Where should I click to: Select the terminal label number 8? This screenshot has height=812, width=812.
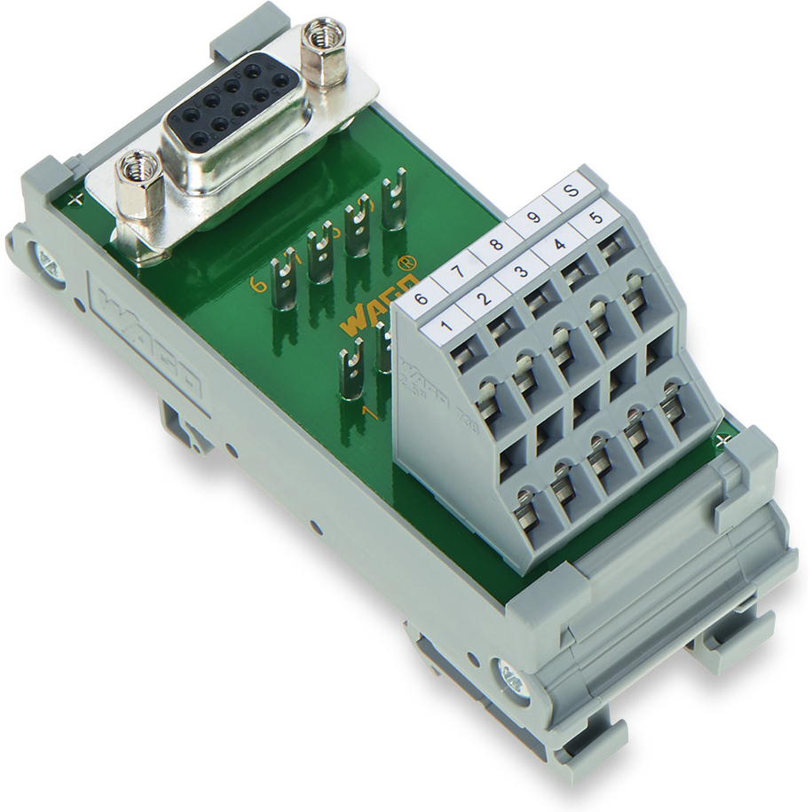pyautogui.click(x=494, y=240)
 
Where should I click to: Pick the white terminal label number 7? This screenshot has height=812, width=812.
pyautogui.click(x=458, y=265)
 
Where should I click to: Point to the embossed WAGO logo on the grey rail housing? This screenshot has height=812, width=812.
pyautogui.click(x=146, y=338)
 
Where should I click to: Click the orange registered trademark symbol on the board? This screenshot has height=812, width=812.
pyautogui.click(x=406, y=263)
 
